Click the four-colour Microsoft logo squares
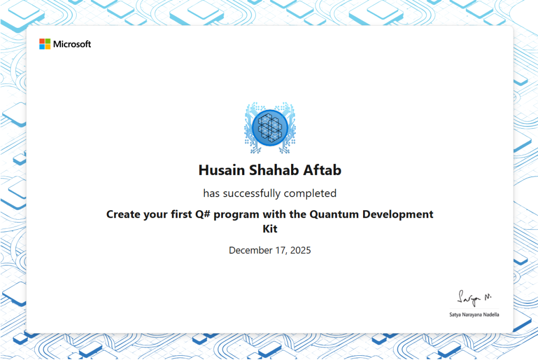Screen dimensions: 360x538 tap(45, 44)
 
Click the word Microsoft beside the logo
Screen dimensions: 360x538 tap(72, 44)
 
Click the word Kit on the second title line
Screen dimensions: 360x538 tap(270, 229)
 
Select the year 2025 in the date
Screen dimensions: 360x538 tap(299, 250)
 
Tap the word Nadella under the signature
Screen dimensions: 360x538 tap(491, 315)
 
